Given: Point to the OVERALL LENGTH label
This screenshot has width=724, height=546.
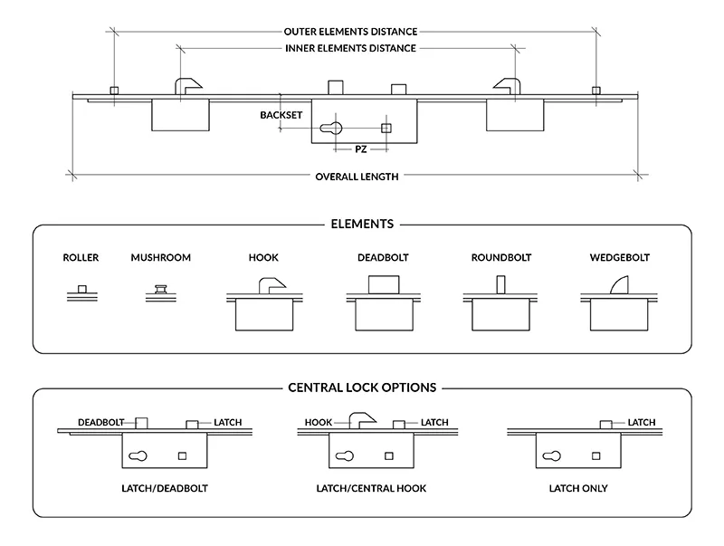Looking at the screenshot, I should click(357, 177).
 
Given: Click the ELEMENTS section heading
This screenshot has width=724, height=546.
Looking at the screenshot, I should click(362, 224).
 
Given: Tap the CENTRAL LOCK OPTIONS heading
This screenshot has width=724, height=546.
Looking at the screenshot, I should click(362, 388).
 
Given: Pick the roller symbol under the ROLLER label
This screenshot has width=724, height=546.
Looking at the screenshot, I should click(81, 291).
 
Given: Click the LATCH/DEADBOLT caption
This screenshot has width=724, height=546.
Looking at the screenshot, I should click(164, 489).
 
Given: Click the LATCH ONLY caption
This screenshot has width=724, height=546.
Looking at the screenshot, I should click(577, 489).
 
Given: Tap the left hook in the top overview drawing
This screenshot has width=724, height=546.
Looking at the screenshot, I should click(187, 87).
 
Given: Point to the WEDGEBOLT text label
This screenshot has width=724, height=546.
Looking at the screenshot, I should click(619, 258).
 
